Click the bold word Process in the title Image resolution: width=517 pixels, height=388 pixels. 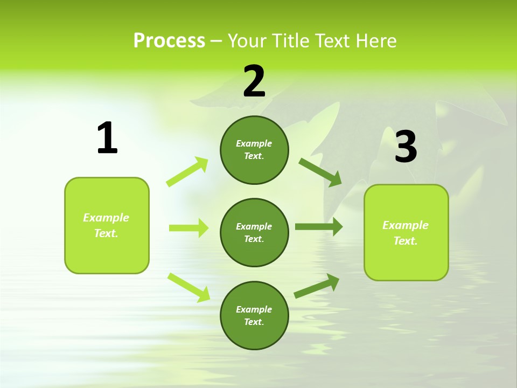(169, 41)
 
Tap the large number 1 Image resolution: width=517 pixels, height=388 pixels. (107, 138)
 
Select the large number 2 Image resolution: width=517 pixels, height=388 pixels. (254, 81)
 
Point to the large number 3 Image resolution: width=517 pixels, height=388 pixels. (406, 147)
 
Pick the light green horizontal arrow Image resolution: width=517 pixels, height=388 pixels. (188, 228)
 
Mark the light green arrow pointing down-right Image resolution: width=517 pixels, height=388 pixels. (188, 287)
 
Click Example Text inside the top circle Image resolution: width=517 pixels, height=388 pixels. (254, 150)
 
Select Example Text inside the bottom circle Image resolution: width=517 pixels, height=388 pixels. (254, 316)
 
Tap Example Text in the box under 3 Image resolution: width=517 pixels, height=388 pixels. (406, 233)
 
